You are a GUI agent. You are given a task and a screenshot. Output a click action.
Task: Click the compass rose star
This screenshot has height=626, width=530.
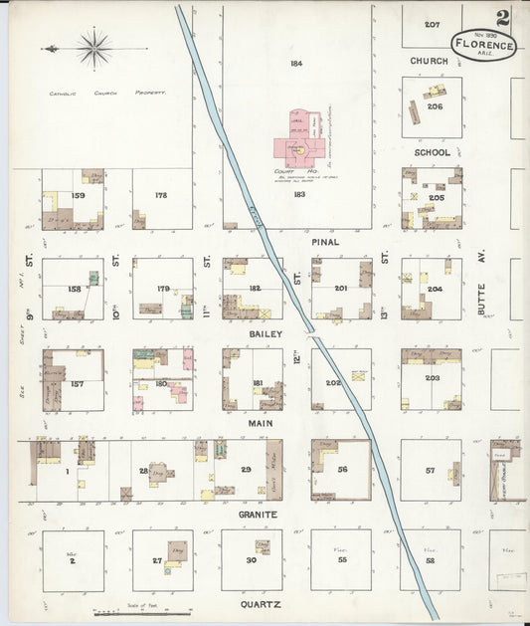point(93,47)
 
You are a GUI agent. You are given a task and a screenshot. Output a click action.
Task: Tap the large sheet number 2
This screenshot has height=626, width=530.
point(504,17)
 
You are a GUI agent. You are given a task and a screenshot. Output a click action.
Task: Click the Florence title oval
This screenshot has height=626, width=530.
point(483,45)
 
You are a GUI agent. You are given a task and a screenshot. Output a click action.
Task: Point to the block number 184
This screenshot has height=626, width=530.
point(296,64)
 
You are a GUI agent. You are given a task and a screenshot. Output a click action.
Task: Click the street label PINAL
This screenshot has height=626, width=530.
point(324,241)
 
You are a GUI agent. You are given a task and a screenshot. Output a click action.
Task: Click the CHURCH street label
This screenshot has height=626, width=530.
point(430,61)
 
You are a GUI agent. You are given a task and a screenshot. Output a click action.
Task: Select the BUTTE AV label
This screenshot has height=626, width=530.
point(480,296)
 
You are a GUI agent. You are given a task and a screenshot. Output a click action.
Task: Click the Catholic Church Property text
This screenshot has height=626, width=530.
point(107,93)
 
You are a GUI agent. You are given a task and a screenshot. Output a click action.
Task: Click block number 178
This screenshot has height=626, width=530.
point(162,196)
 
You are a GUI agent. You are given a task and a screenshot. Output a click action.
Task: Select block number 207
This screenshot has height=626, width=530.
point(432,24)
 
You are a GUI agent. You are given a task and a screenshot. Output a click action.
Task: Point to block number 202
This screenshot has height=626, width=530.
point(333,382)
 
